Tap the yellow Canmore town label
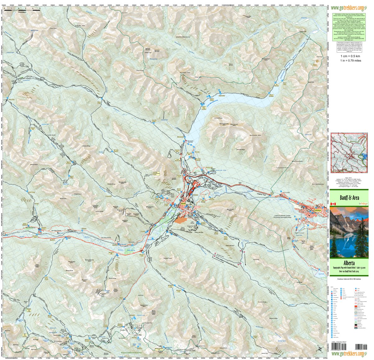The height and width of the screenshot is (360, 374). pos(317,210)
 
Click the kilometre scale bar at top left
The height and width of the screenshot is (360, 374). pos(22,10)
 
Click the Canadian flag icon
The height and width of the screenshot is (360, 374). pos(333,204)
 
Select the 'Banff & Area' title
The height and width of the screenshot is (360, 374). pos(349,198)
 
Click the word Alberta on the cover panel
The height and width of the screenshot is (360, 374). pos(349,263)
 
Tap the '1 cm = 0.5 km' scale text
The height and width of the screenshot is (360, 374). pos(350,56)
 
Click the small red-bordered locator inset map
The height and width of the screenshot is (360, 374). pos(349,152)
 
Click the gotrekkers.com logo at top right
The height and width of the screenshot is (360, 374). pos(347,8)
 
